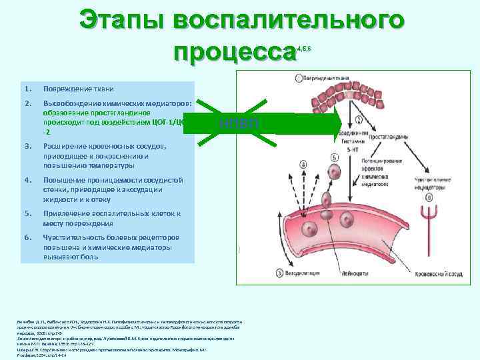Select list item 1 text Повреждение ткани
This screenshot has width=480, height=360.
point(78,89)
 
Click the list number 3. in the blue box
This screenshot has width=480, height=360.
point(27,147)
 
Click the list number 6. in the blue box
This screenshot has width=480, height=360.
point(27,237)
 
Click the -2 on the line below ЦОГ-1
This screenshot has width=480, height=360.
point(47,133)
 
